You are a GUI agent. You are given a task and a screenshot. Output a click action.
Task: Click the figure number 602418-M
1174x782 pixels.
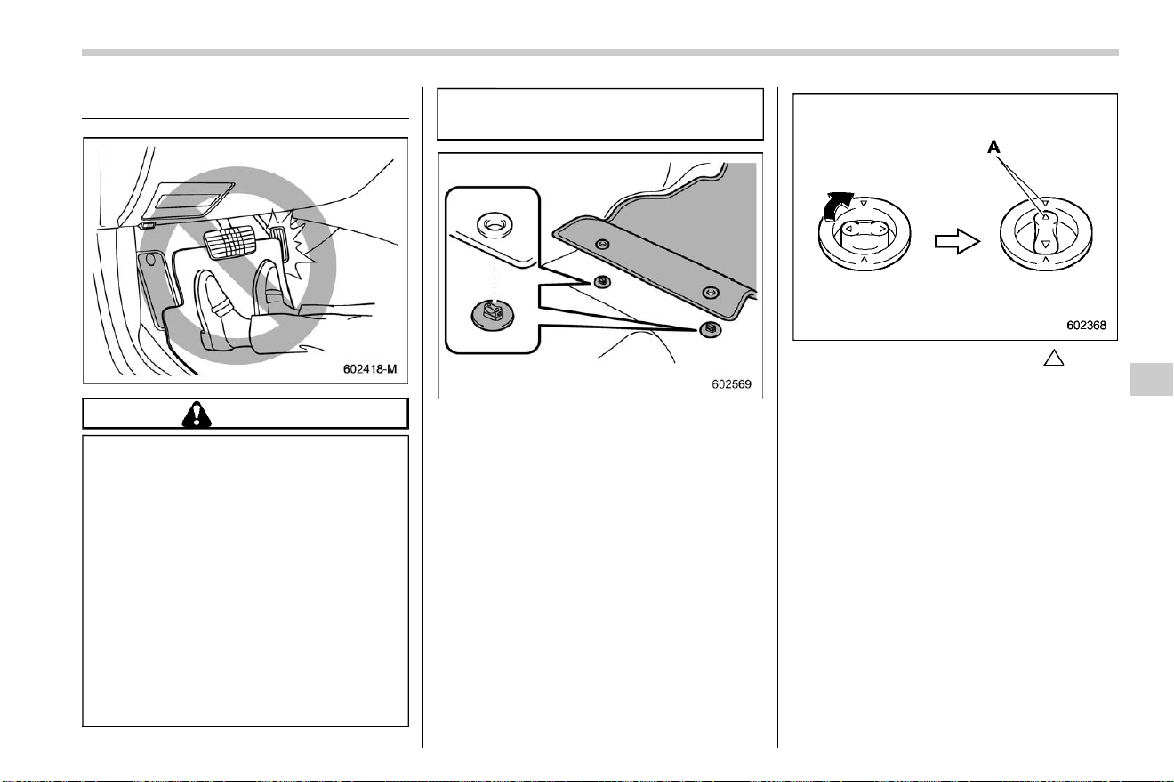pyautogui.click(x=369, y=369)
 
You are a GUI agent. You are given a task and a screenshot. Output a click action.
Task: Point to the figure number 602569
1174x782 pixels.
pyautogui.click(x=731, y=384)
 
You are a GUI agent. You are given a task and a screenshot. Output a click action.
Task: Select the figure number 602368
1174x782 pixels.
pyautogui.click(x=1087, y=326)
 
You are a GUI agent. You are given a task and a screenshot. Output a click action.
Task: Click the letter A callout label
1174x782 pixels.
pyautogui.click(x=993, y=148)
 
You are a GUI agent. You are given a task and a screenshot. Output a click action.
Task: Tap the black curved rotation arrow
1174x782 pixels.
pyautogui.click(x=837, y=206)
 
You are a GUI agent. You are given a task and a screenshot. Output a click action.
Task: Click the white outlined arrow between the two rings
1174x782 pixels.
pyautogui.click(x=957, y=242)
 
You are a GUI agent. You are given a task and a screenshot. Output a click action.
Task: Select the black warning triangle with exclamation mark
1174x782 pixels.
pyautogui.click(x=197, y=414)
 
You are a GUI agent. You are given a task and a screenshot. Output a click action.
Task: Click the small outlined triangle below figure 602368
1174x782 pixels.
pyautogui.click(x=1053, y=358)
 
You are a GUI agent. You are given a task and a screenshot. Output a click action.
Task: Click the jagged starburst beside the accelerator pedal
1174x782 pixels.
pyautogui.click(x=296, y=238)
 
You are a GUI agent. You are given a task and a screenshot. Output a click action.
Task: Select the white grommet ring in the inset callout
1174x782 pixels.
pyautogui.click(x=495, y=225)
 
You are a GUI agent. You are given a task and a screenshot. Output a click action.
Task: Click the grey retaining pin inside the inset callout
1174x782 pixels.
pyautogui.click(x=493, y=315)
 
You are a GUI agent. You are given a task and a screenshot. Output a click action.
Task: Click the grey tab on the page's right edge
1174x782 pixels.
pyautogui.click(x=1151, y=378)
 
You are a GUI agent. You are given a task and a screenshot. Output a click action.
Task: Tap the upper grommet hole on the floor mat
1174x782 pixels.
pyautogui.click(x=603, y=244)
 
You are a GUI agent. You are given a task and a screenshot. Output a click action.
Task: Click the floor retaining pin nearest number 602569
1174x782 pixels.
pyautogui.click(x=710, y=328)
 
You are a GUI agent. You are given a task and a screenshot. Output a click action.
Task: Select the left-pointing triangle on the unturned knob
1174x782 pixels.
pyautogui.click(x=848, y=229)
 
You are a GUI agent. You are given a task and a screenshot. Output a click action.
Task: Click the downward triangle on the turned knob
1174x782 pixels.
pyautogui.click(x=1046, y=244)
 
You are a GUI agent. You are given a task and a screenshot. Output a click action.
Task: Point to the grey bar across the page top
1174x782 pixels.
pyautogui.click(x=600, y=52)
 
